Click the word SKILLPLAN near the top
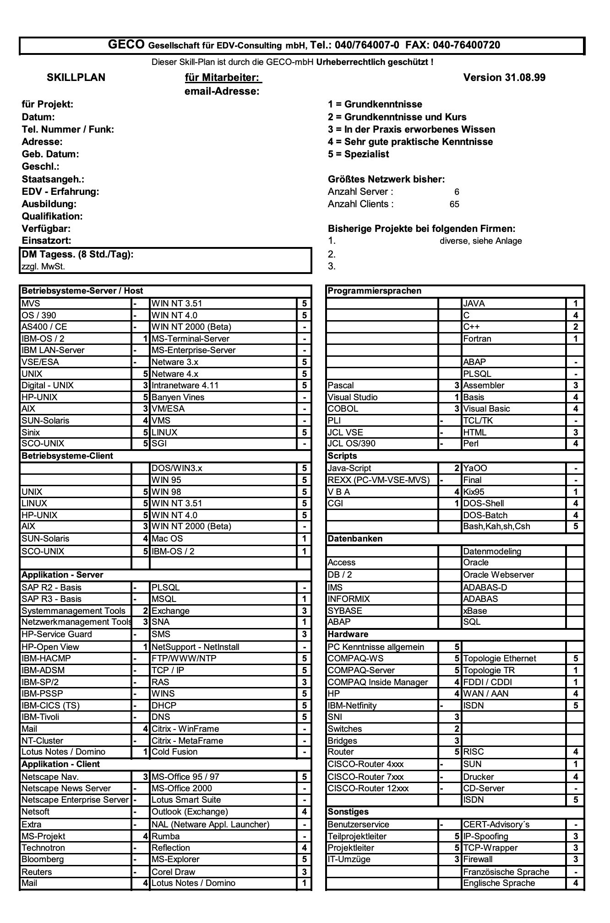click(76, 77)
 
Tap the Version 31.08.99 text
click(504, 77)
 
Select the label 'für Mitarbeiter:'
click(223, 77)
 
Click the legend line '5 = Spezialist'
click(359, 154)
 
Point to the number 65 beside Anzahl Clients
click(454, 204)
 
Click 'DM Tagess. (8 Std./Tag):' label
click(78, 254)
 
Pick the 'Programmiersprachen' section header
click(375, 291)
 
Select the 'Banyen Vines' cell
click(178, 397)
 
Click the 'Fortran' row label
click(477, 338)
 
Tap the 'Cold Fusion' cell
click(174, 751)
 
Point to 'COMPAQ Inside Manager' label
click(378, 682)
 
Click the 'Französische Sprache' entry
click(506, 872)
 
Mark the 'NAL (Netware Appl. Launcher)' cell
click(211, 824)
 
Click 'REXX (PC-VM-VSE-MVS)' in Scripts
click(379, 480)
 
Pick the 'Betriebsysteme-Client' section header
click(67, 456)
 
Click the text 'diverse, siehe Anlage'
click(480, 241)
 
